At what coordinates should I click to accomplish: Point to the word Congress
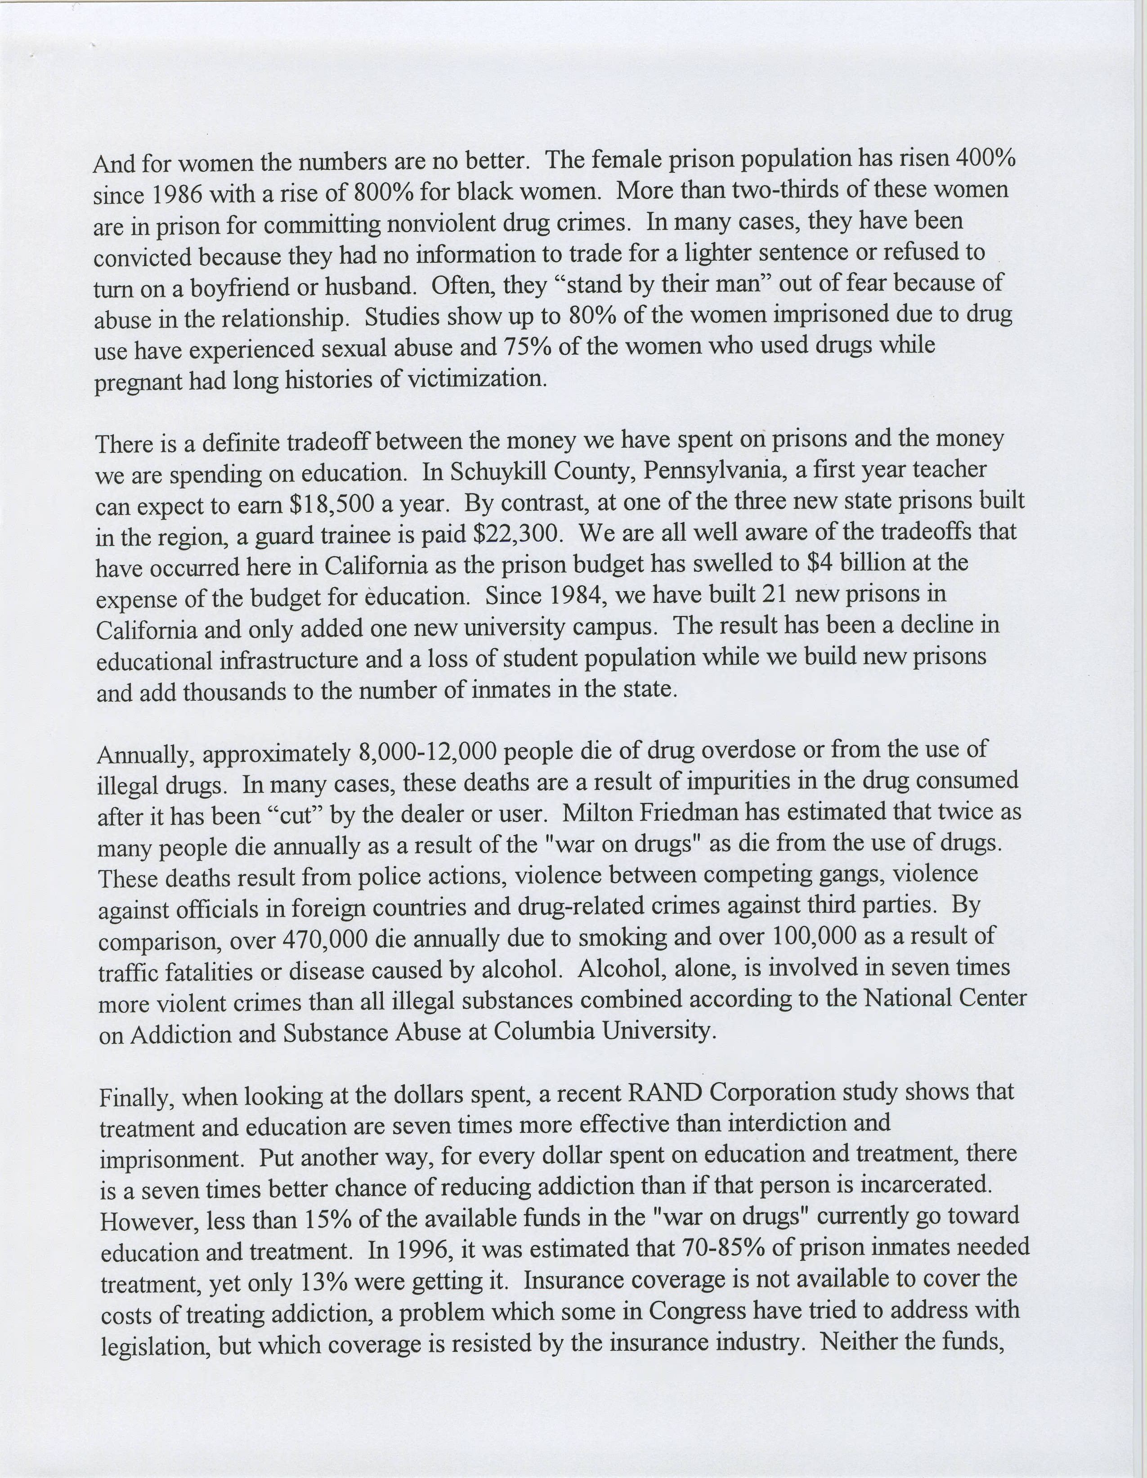[x=697, y=1311]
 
